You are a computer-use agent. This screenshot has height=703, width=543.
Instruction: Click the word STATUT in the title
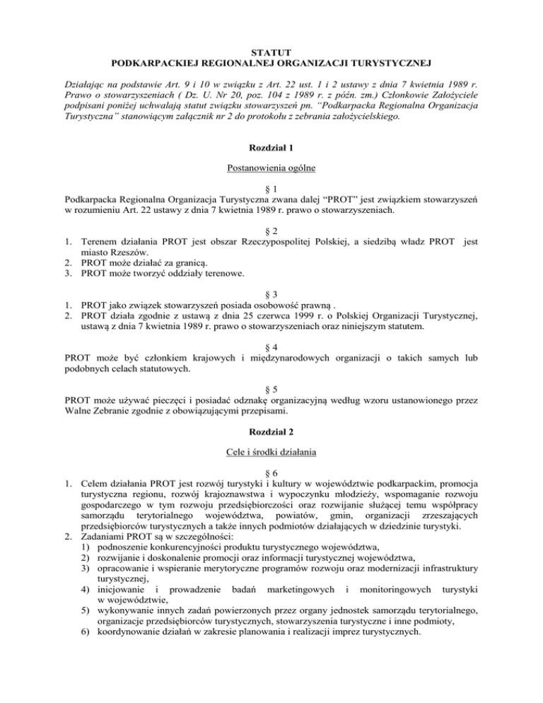[x=271, y=52]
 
